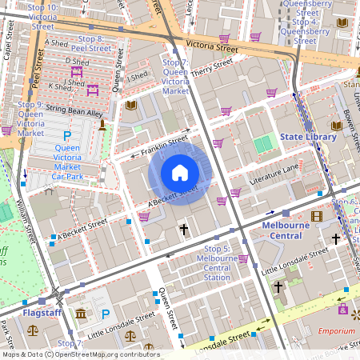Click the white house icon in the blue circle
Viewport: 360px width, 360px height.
pos(180,173)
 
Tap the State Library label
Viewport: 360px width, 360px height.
pos(308,138)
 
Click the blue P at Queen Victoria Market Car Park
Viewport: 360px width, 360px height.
pos(67,135)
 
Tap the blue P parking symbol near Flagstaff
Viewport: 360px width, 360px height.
pos(106,314)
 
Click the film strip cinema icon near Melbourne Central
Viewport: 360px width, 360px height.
pos(317,215)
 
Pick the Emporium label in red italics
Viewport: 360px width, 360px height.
pos(336,330)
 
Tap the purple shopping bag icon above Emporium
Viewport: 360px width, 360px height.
pos(343,309)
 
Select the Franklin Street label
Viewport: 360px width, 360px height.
pos(164,144)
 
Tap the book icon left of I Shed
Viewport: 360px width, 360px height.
pos(131,105)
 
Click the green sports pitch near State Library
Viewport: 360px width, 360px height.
pos(263,144)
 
